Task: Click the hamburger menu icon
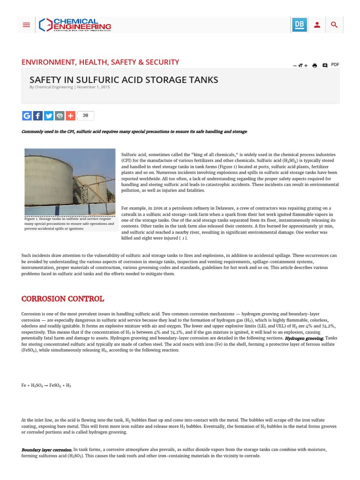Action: (x=26, y=25)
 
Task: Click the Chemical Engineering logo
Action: (x=75, y=25)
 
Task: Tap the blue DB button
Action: (x=299, y=25)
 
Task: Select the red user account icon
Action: (x=317, y=25)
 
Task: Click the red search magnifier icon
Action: (x=334, y=25)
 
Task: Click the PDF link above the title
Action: (x=335, y=65)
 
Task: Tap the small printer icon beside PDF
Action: (x=315, y=66)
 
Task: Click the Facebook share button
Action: (x=38, y=115)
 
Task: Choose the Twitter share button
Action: (x=49, y=115)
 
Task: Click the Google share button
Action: (x=27, y=115)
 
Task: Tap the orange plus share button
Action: (x=70, y=115)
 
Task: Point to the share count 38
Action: (x=85, y=115)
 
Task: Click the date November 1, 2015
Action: (x=93, y=87)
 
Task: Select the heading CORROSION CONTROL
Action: (x=63, y=299)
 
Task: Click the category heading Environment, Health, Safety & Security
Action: (x=100, y=62)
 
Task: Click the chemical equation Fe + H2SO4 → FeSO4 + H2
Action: (x=46, y=385)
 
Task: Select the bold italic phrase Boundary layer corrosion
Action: (x=47, y=450)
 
